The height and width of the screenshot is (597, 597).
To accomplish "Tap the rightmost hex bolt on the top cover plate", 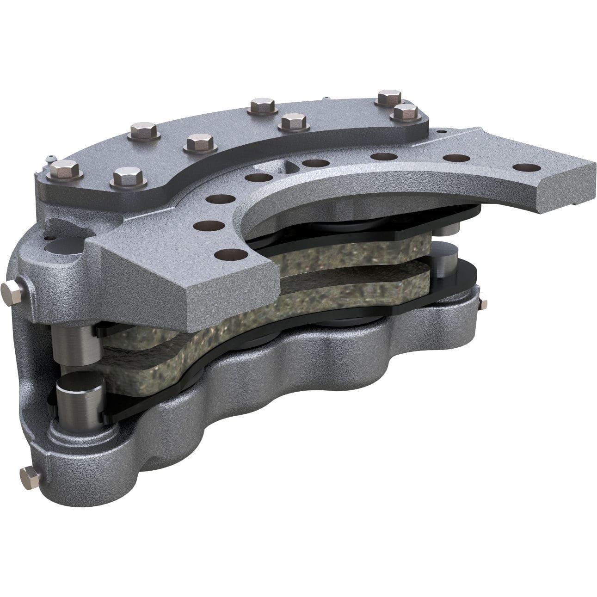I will (406, 112).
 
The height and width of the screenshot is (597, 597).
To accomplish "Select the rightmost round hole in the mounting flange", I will (523, 167).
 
